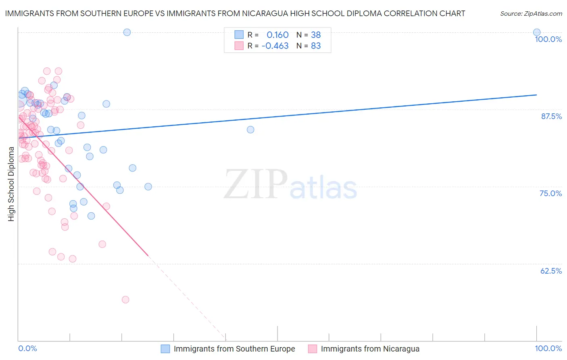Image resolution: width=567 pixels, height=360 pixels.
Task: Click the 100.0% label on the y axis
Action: pos(548,39)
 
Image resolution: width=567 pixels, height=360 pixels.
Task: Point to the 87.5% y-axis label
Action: pos(551,116)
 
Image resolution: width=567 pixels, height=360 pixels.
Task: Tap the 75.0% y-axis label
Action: pos(550,193)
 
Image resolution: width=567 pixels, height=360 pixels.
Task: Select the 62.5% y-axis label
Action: pos(551,271)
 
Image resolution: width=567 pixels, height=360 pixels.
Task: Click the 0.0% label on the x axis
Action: pos(27,348)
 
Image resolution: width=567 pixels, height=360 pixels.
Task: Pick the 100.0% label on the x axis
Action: pos(548,348)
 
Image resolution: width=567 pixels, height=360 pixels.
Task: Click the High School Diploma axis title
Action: pos(11,184)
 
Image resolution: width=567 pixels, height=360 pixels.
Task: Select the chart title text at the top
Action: pos(235,13)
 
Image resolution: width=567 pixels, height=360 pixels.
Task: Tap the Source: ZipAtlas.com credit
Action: pos(531,13)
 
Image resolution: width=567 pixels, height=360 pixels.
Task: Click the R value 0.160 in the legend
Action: pos(277,35)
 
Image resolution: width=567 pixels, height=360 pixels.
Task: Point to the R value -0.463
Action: pos(275,46)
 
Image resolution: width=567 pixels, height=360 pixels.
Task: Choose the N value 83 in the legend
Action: pos(316,46)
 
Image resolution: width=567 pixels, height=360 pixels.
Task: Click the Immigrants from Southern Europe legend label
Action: pos(234,349)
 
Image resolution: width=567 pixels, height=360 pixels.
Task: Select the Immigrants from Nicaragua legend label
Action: pos(370,349)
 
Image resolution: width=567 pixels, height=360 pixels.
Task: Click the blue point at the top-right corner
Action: pos(537,32)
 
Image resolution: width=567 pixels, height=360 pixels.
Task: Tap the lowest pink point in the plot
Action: pos(125,299)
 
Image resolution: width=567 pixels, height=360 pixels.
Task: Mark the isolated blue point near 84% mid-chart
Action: pos(250,130)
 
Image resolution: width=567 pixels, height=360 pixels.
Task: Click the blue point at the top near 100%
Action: pos(127,32)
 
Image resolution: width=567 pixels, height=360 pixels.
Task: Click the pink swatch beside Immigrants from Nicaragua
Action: pos(313,349)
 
